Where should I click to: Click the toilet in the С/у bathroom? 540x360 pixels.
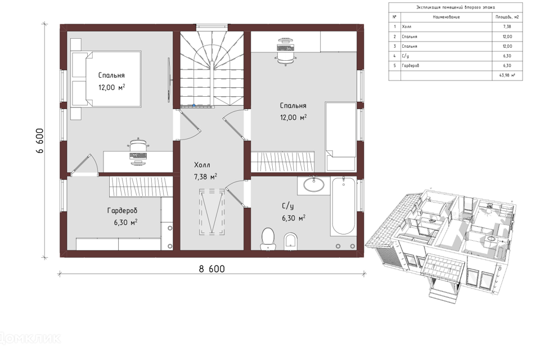pyautogui.click(x=268, y=238)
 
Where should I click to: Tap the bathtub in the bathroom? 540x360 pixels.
pyautogui.click(x=343, y=206)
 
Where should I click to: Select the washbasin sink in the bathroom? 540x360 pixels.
pyautogui.click(x=314, y=184)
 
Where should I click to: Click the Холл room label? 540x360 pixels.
pyautogui.click(x=202, y=165)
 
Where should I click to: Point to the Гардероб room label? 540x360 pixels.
pyautogui.click(x=122, y=210)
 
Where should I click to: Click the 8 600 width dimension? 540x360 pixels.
pyautogui.click(x=211, y=269)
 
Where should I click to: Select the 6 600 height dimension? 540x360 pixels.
pyautogui.click(x=39, y=141)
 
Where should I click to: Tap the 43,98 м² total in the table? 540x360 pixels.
pyautogui.click(x=507, y=75)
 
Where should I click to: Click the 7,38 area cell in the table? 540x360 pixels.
pyautogui.click(x=507, y=26)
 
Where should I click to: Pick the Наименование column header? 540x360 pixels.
pyautogui.click(x=446, y=17)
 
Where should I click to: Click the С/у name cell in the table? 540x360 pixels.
pyautogui.click(x=406, y=56)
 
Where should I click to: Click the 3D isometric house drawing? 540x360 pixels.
pyautogui.click(x=441, y=241)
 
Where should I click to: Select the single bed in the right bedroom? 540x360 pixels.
pyautogui.click(x=341, y=136)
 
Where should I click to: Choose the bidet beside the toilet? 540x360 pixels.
pyautogui.click(x=291, y=241)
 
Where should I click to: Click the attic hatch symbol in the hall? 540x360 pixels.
pyautogui.click(x=212, y=212)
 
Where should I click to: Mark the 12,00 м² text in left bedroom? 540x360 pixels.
pyautogui.click(x=111, y=87)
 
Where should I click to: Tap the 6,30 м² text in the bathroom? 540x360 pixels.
pyautogui.click(x=294, y=218)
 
